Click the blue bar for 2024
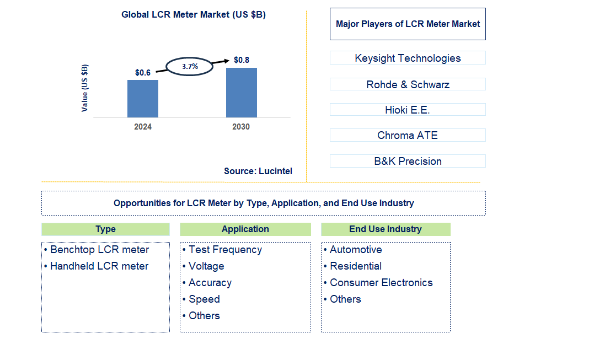(143, 99)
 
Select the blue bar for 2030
(242, 93)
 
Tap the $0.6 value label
(143, 73)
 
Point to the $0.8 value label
(242, 60)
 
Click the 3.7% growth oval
(190, 66)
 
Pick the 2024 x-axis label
(143, 127)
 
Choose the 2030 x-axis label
(241, 127)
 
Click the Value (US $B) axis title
(84, 88)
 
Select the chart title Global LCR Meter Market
(194, 15)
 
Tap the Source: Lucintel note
(258, 171)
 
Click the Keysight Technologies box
(408, 58)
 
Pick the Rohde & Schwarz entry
(408, 84)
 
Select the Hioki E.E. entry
(408, 110)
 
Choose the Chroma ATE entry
(408, 135)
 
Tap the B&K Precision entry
(408, 161)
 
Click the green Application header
(245, 229)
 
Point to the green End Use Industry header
(386, 229)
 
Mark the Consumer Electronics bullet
(381, 283)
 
